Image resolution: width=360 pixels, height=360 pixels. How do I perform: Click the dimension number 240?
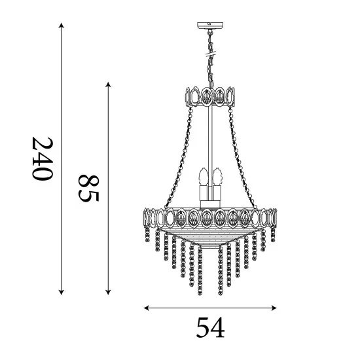[43, 158]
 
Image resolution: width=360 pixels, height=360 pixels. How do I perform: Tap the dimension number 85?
[89, 189]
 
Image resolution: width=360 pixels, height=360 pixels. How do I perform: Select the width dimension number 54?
[210, 327]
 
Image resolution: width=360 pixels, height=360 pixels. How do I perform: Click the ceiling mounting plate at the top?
[210, 26]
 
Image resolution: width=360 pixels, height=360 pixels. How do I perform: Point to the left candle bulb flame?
[204, 176]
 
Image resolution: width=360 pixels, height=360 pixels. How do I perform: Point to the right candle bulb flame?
[218, 176]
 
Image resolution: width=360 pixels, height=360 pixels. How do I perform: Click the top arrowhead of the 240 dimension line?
[61, 25]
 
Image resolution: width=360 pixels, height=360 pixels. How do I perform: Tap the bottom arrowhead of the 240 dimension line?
[61, 292]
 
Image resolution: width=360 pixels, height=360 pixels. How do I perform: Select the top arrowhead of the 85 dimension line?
[109, 84]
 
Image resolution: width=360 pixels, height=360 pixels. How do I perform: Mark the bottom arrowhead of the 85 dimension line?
[109, 292]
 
